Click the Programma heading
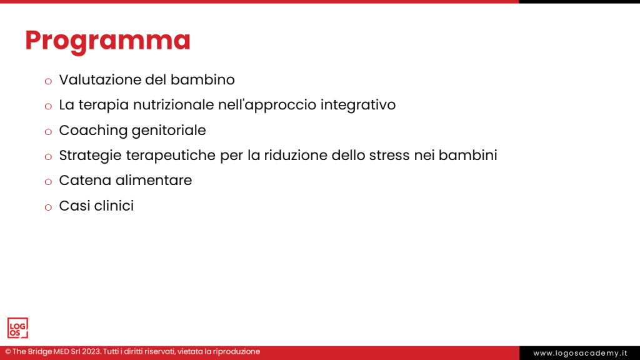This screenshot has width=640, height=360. (107, 40)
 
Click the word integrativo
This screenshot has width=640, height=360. (358, 105)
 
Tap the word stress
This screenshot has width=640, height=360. (388, 155)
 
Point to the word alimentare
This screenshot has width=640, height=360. (154, 180)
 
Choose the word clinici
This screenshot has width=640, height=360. (114, 205)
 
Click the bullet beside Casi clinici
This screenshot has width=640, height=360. (48, 207)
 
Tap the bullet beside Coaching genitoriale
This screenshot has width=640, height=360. (48, 132)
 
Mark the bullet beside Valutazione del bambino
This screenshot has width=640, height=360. (48, 82)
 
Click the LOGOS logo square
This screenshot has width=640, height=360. (17, 328)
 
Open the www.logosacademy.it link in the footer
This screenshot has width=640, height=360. (579, 353)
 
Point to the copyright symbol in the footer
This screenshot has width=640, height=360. (8, 352)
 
